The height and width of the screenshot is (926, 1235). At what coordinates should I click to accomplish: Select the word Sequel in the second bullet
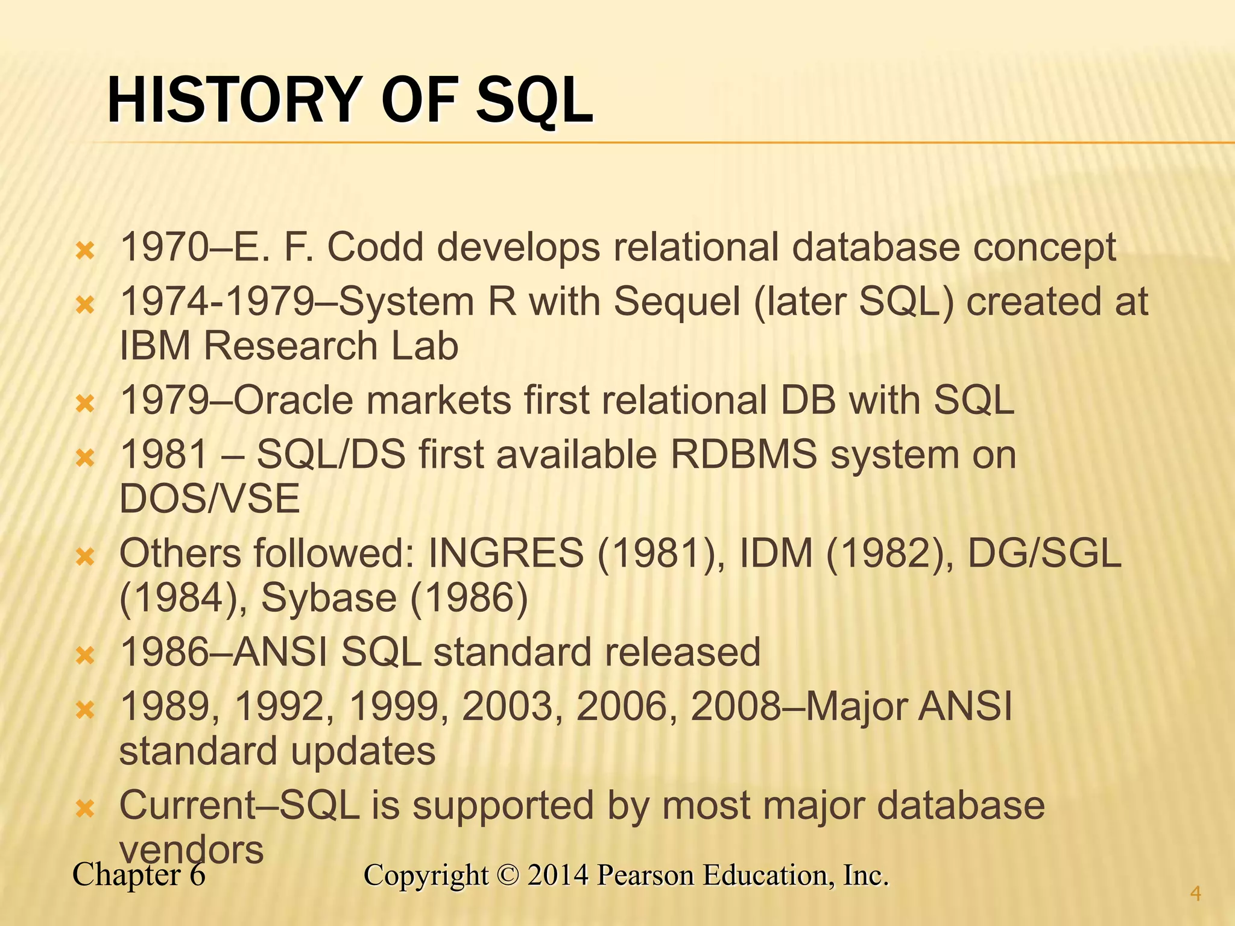coord(677,301)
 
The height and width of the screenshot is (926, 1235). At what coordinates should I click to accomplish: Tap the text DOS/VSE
coord(209,499)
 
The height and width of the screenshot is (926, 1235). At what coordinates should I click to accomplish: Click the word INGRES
coord(505,553)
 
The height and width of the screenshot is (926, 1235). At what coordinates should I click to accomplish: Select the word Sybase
coord(329,598)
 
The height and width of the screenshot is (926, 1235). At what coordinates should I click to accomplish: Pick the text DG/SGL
coord(1044,553)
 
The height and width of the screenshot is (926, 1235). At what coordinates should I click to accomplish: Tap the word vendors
coord(191,850)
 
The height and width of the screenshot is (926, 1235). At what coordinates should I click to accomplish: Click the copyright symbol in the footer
coord(508,875)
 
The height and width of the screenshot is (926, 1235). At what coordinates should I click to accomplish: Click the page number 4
coord(1196,893)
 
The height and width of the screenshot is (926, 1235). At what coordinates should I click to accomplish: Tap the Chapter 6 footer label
coord(139,875)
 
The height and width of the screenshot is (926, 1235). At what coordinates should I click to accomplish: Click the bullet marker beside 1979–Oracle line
coord(86,403)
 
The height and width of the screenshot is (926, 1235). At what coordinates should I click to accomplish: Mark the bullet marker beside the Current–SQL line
coord(86,808)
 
